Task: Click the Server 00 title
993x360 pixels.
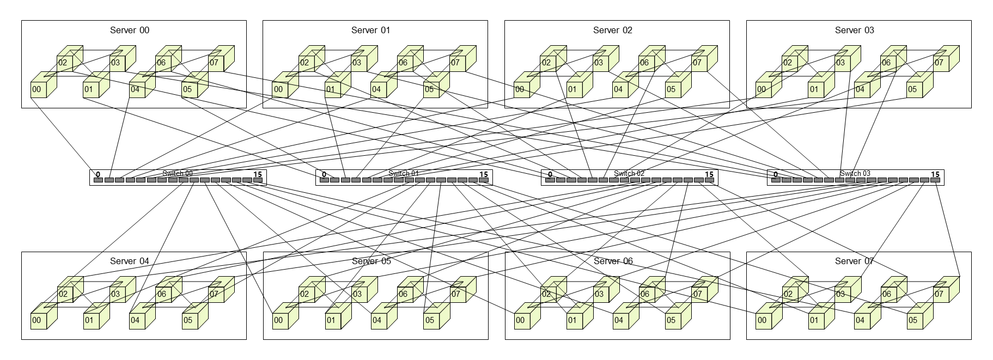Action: (x=130, y=30)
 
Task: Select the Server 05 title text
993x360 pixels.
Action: (x=371, y=261)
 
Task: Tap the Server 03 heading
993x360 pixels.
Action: (x=854, y=30)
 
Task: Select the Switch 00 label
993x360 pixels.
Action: (x=178, y=174)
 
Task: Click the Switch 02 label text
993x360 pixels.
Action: (x=629, y=174)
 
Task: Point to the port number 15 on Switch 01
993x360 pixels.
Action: (x=483, y=175)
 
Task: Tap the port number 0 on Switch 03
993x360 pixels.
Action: (x=776, y=175)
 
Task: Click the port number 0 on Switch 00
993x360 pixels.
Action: (x=98, y=175)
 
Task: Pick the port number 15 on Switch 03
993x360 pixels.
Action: (x=935, y=175)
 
